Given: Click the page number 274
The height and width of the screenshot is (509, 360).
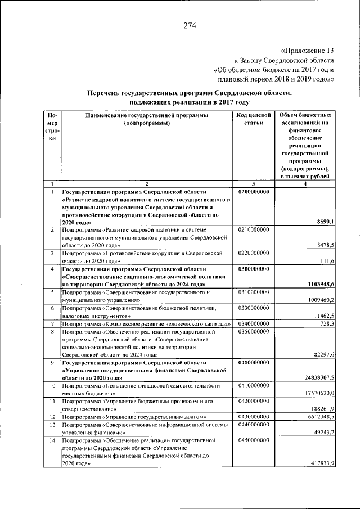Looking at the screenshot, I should pos(189,25).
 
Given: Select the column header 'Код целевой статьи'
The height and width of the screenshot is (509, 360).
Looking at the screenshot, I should pos(254,119).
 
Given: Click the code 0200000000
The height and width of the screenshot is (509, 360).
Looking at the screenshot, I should pos(254,192).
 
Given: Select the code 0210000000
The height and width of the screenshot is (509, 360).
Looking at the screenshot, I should pos(254,230).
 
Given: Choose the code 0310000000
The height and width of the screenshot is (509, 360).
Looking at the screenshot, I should pos(254,292).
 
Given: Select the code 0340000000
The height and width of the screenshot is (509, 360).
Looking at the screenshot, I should pos(254,324).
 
